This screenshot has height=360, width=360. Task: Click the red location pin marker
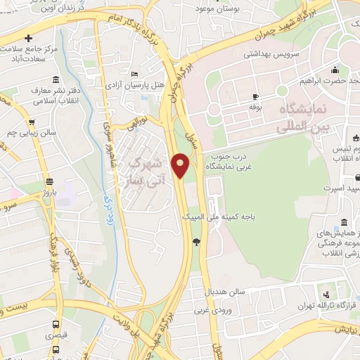click(x=181, y=166)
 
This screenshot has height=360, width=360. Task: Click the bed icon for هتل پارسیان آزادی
click(x=134, y=74)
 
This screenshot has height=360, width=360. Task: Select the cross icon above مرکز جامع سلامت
click(x=28, y=38)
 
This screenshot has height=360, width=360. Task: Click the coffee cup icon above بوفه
click(x=255, y=96)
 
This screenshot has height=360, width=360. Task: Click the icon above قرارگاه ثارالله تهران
click(x=326, y=295)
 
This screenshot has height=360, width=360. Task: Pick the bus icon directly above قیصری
click(x=56, y=324)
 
